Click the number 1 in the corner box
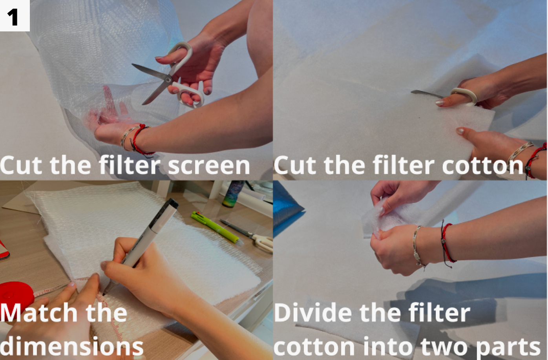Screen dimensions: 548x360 coord(13,17)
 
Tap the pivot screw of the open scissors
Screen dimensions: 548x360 coord(168,80)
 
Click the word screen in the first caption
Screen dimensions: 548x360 coord(209,166)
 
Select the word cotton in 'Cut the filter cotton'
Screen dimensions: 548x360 coord(482,166)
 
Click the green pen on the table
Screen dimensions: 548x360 coord(217,228)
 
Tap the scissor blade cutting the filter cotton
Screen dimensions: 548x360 coord(427,94)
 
